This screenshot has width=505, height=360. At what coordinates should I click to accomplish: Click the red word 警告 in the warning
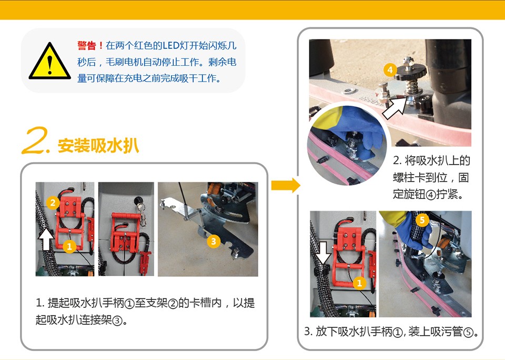tap(87, 46)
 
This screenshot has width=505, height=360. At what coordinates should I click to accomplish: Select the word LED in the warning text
tap(170, 46)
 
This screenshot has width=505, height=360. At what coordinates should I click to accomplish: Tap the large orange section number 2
tap(35, 141)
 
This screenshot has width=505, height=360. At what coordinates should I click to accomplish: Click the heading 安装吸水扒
tap(98, 146)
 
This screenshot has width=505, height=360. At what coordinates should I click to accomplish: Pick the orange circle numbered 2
tap(53, 203)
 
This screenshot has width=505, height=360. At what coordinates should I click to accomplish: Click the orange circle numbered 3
tap(213, 241)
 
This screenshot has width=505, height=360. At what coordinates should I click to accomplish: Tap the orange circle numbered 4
tap(390, 69)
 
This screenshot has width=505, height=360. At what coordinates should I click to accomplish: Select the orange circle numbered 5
tap(422, 221)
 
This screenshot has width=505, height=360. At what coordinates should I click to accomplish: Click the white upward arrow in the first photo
tap(46, 239)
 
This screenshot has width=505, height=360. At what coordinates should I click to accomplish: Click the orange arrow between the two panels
tap(286, 185)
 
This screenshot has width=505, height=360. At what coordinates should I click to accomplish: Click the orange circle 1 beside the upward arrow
tap(69, 247)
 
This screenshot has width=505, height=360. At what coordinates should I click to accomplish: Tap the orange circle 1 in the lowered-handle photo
tap(359, 283)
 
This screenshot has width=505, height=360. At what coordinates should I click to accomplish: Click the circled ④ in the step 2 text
tap(431, 195)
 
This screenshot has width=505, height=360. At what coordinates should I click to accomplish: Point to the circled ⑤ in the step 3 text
tap(469, 332)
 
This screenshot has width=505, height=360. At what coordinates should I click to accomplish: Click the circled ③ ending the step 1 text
tap(117, 321)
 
